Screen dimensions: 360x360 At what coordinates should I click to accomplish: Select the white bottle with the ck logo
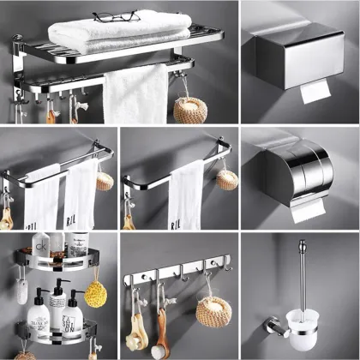click(41, 251)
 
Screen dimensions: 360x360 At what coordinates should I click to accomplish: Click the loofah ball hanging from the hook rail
click(210, 311)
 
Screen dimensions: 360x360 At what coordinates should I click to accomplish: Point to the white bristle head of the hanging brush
click(159, 351)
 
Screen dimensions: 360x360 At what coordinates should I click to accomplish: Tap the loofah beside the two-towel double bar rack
click(105, 181)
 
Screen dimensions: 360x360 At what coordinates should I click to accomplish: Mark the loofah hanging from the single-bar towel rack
click(226, 178)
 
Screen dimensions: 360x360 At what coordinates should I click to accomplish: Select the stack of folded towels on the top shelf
click(120, 33)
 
